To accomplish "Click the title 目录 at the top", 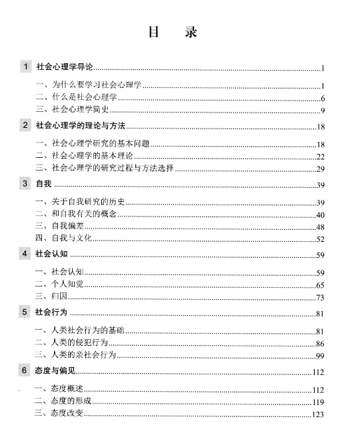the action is coord(177,31).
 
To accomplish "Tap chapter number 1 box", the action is coord(25,67).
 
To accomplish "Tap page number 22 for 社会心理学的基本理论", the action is coord(320,157).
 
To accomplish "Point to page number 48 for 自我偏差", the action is coord(320,226).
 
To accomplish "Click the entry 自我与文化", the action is coord(63,238).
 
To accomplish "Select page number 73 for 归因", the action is coord(320,297).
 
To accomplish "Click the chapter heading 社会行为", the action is coord(52,312).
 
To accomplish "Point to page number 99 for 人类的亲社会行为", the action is coord(320,355).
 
